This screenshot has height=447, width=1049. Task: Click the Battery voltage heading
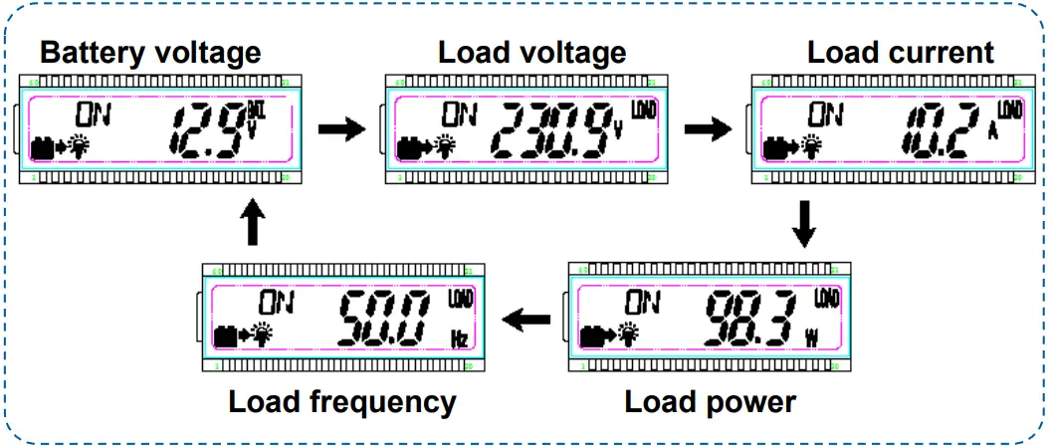click(150, 52)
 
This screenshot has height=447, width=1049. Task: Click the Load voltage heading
click(531, 52)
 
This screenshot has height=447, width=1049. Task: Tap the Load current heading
click(900, 52)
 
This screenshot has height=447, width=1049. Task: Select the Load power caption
click(710, 402)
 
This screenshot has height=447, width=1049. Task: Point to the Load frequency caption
click(341, 402)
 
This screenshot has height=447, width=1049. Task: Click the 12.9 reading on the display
click(205, 130)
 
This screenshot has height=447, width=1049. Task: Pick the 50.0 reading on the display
click(383, 318)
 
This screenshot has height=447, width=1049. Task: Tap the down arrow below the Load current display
click(805, 225)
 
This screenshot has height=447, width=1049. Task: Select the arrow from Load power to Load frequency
click(527, 320)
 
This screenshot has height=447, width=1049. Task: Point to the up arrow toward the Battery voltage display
click(254, 225)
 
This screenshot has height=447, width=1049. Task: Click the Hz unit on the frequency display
click(460, 339)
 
